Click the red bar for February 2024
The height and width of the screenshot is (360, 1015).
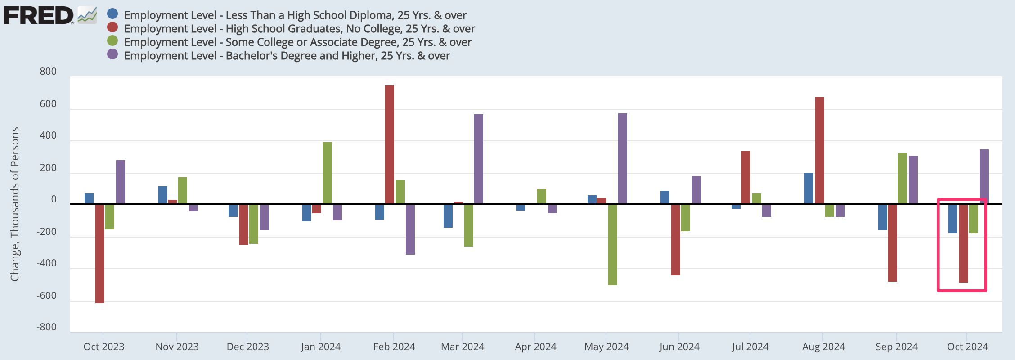[390, 144]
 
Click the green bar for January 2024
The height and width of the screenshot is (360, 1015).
[328, 173]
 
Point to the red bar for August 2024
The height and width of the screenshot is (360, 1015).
[820, 150]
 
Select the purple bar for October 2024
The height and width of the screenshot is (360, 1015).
[984, 176]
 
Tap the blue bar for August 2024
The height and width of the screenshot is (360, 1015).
[809, 188]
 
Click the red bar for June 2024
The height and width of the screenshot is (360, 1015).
[676, 239]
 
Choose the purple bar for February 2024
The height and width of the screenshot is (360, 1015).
[410, 229]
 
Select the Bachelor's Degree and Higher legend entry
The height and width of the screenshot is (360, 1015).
[287, 56]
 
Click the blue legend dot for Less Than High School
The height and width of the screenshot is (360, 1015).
[112, 14]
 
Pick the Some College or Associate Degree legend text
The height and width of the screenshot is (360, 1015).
[298, 42]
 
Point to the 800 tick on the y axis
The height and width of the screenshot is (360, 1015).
[48, 72]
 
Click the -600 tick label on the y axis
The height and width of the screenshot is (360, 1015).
[47, 296]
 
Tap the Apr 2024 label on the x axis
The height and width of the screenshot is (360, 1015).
[535, 346]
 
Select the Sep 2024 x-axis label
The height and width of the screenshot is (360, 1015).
[896, 346]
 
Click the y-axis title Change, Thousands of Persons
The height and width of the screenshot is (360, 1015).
[15, 204]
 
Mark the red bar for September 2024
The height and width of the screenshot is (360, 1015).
[893, 243]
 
